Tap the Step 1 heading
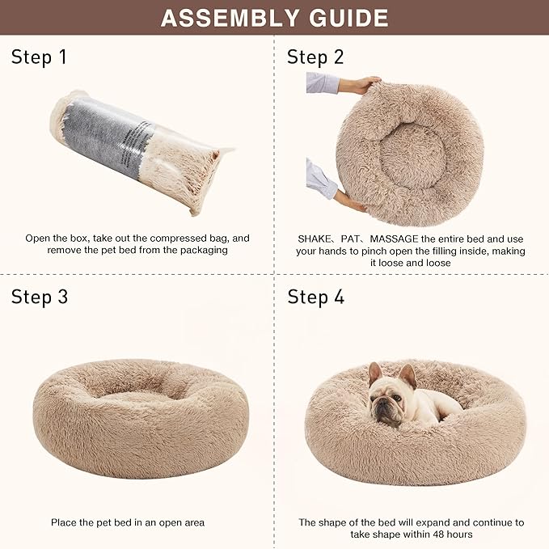click(39, 57)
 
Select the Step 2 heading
click(316, 57)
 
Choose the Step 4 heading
click(316, 297)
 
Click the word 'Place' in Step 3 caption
click(65, 523)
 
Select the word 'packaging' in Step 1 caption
click(204, 251)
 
